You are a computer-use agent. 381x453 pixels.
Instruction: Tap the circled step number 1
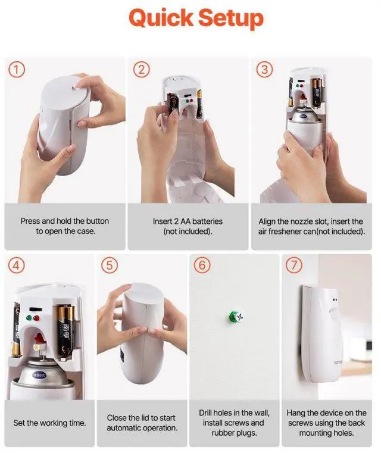(x=17, y=70)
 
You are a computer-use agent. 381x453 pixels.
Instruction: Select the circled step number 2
(x=141, y=70)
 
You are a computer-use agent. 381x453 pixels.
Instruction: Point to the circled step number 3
(x=265, y=70)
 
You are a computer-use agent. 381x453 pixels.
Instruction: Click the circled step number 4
(x=17, y=266)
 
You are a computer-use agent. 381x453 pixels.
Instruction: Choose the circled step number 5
(x=110, y=266)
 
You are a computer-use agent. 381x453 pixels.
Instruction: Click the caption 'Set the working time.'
(x=49, y=423)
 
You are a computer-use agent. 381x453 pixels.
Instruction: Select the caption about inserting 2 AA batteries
(x=188, y=226)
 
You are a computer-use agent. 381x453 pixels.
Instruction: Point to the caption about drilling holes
(x=233, y=423)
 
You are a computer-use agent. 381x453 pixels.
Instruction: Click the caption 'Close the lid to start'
(x=142, y=423)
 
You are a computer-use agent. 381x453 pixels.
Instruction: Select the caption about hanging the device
(x=326, y=423)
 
